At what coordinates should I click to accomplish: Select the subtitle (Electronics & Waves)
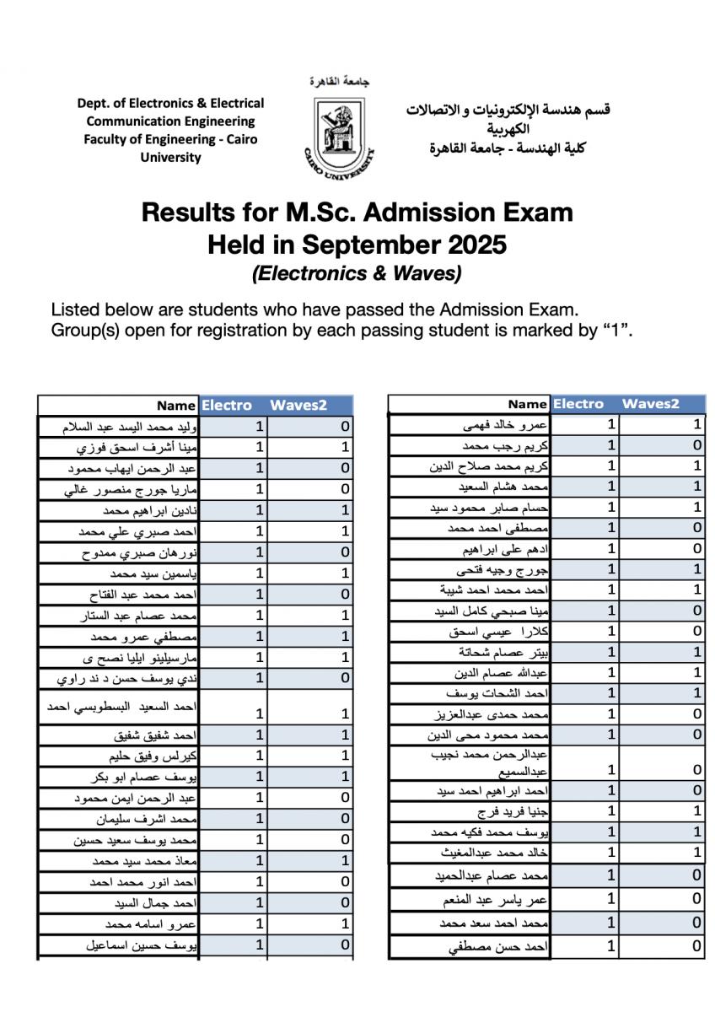(357, 274)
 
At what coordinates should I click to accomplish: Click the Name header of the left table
(175, 406)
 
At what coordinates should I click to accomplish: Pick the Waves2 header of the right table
(650, 404)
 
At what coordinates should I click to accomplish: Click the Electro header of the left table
(226, 406)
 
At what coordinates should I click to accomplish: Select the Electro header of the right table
(578, 404)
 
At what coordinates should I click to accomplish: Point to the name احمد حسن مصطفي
(498, 947)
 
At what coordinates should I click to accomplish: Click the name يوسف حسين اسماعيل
(142, 945)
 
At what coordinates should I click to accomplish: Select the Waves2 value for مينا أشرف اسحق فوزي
(345, 448)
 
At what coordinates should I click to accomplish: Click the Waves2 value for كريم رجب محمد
(696, 445)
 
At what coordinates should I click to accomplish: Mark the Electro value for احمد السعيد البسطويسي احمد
(260, 713)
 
